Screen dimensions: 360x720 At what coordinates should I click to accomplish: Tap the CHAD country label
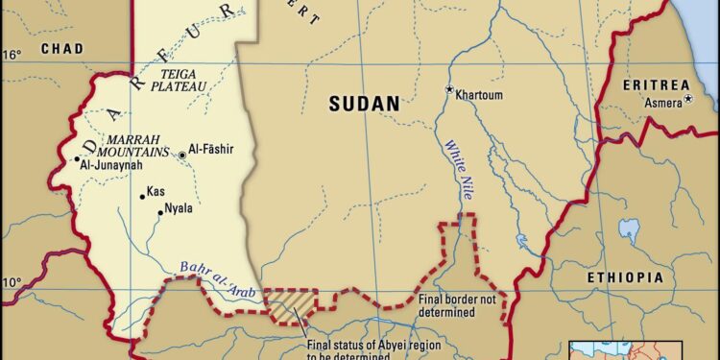coord(61,48)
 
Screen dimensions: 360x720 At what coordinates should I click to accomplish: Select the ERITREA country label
coord(656,85)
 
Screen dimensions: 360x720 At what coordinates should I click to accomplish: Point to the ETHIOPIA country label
coord(625,276)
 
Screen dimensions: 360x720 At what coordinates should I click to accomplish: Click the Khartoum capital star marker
coord(448,89)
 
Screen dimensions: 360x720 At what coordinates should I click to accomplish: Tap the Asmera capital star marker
coord(687,99)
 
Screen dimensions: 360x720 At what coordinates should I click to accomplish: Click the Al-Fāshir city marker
coord(182,154)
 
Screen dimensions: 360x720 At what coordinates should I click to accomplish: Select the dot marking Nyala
coord(160,213)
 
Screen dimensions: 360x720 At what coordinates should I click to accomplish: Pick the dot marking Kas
coord(142,197)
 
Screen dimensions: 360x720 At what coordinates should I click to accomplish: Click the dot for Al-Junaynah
coord(77,159)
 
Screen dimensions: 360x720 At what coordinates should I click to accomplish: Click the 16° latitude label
coord(11,55)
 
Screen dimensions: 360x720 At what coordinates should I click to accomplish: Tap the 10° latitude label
coord(11,282)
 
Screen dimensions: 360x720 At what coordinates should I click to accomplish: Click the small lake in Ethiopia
coord(629,228)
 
